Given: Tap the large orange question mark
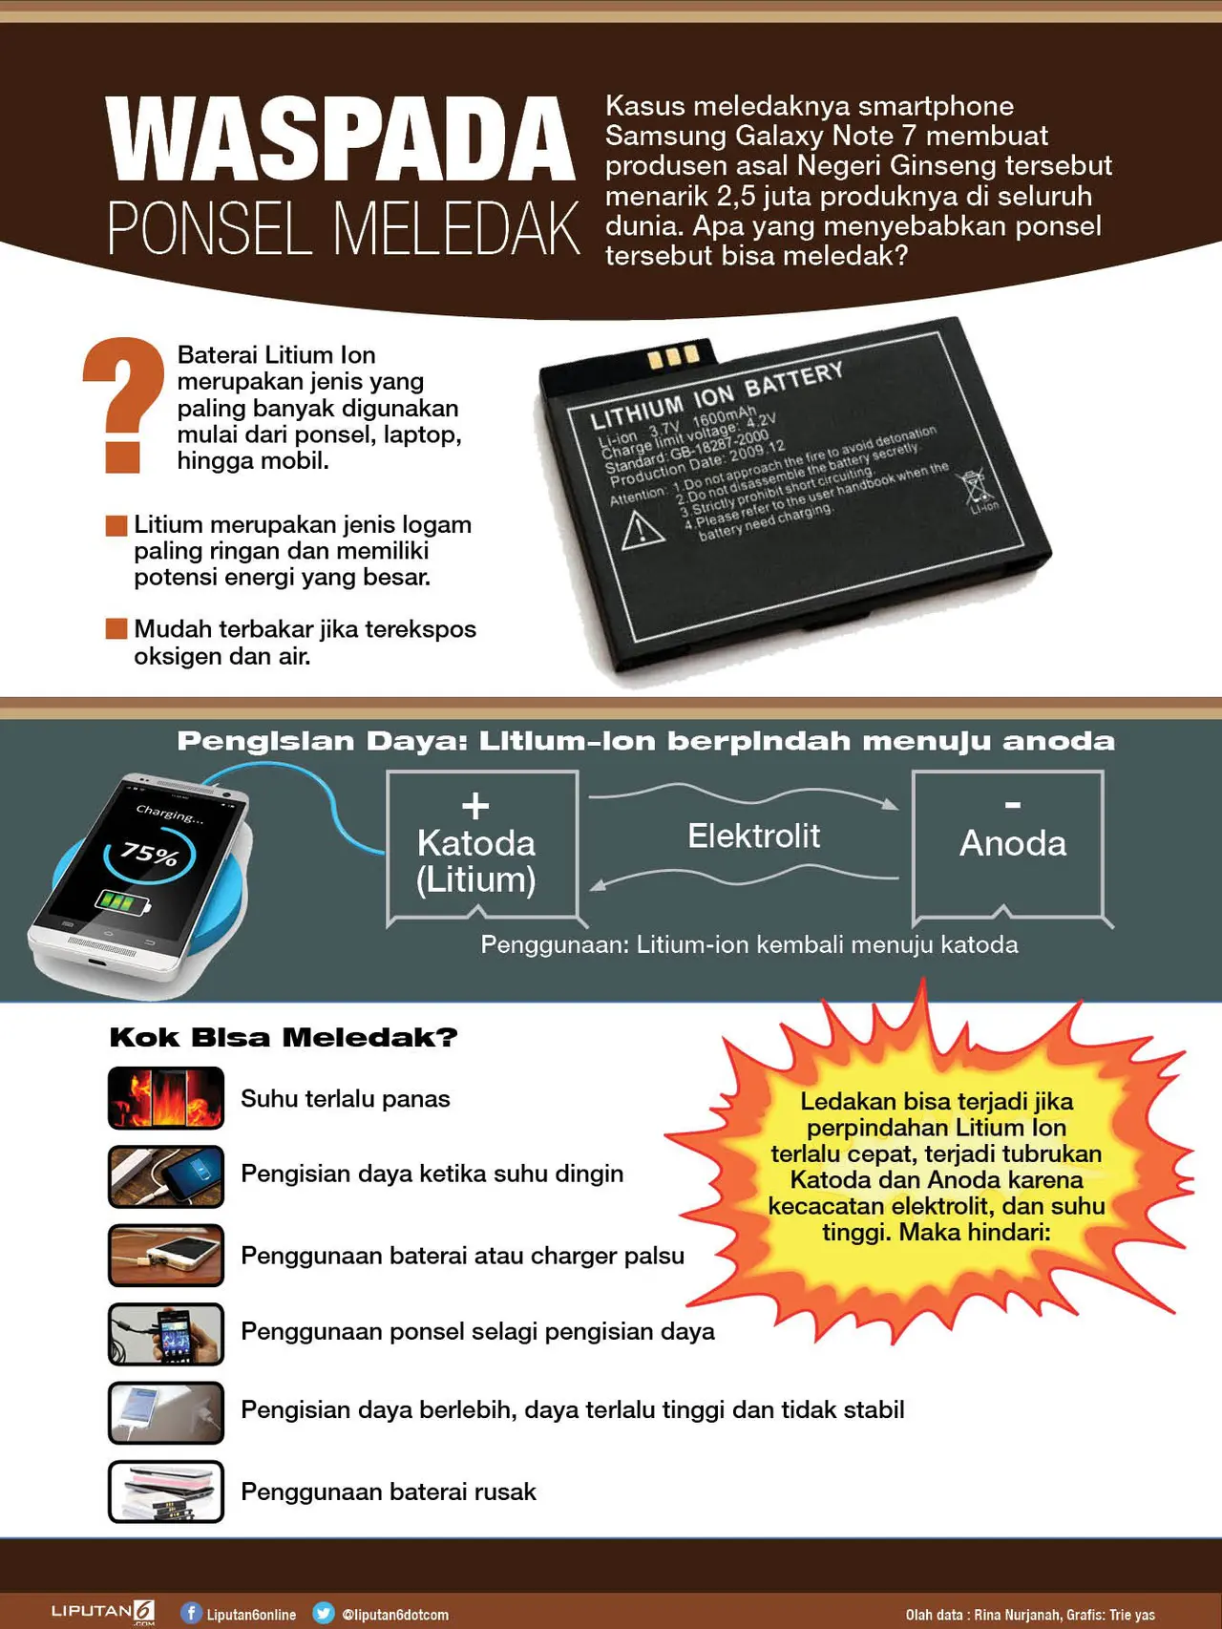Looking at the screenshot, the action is click(125, 404).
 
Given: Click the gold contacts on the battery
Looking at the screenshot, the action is click(673, 356).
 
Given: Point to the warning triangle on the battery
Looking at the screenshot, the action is click(643, 529).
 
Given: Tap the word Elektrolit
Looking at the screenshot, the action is click(753, 836).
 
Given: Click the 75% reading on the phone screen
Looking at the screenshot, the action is click(150, 853).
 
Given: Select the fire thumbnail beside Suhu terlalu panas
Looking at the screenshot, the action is click(166, 1098).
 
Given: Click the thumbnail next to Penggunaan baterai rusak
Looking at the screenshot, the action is click(166, 1491).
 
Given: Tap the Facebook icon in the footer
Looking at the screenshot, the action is click(191, 1613).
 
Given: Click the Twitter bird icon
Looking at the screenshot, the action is click(324, 1613).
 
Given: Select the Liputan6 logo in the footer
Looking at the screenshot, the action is click(103, 1612).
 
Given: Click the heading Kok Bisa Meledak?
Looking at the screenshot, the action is click(284, 1037).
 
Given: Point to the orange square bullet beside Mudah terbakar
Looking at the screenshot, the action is click(116, 628).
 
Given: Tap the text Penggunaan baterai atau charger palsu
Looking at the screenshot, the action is click(462, 1256).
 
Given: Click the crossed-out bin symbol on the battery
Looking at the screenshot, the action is click(978, 488).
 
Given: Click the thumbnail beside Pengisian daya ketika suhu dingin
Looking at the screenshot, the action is click(166, 1176).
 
